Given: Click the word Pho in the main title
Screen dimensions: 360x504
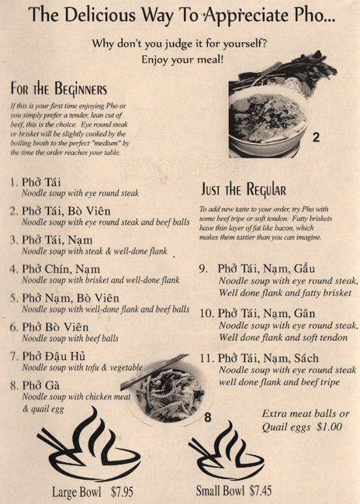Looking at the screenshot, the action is (x=310, y=15).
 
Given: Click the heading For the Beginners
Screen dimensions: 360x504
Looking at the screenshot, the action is (x=58, y=89).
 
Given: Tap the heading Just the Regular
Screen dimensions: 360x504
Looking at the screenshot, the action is (x=243, y=189).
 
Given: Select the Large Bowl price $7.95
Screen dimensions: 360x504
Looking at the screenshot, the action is (x=122, y=492).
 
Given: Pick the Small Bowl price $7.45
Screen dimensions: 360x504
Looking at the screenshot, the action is (x=261, y=491).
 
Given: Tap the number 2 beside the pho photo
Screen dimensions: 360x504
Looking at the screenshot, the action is (x=316, y=137).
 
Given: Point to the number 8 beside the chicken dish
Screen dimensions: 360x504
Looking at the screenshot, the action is (x=208, y=417).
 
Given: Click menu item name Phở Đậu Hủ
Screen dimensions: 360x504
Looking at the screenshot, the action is (x=54, y=356).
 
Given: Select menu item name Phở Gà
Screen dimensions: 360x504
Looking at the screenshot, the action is (x=41, y=385).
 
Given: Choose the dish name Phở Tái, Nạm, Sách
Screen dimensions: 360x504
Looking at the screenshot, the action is (x=268, y=358).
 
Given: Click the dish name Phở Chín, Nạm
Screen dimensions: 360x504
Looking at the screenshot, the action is (x=61, y=269).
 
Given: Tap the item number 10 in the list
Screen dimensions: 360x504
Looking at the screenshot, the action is (x=206, y=313).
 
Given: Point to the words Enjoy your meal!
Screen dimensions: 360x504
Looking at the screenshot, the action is (x=182, y=60).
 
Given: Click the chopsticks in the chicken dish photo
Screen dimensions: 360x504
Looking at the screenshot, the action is (x=154, y=372).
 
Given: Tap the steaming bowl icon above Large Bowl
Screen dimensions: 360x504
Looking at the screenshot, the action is (x=88, y=444).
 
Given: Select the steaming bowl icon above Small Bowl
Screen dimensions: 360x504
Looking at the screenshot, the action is (x=227, y=450).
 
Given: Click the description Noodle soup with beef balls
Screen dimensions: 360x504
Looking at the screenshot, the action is (x=71, y=338).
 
